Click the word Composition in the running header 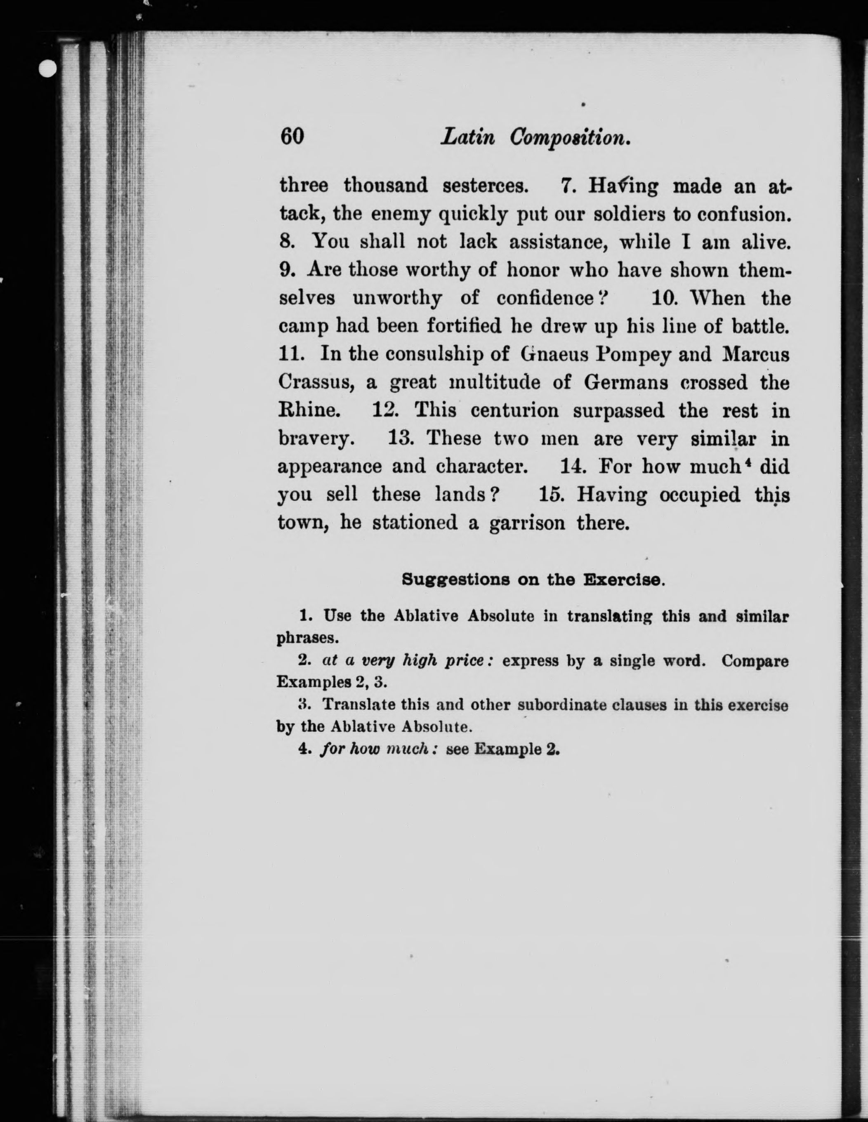570,138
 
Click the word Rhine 308,411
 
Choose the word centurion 514,411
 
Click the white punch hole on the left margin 48,68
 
